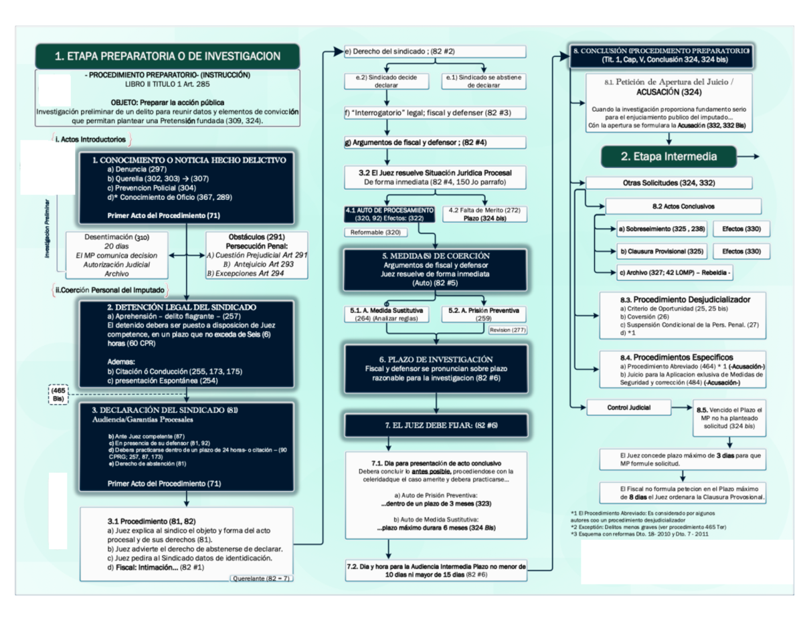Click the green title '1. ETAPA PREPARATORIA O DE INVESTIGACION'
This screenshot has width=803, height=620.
(x=167, y=56)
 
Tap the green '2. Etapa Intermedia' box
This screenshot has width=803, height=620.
(x=668, y=157)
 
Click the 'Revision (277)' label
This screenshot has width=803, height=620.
(x=509, y=330)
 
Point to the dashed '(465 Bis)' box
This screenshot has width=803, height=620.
(x=58, y=393)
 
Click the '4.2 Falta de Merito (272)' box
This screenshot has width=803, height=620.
(x=484, y=213)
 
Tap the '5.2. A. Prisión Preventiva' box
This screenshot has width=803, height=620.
(x=484, y=314)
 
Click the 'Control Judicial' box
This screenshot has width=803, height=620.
(x=628, y=407)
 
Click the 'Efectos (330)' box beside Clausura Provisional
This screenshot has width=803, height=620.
(x=741, y=251)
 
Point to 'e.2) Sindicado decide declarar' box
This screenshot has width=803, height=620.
(x=386, y=82)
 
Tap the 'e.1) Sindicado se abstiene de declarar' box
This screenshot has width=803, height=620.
(x=486, y=82)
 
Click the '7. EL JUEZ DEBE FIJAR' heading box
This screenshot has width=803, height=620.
(x=436, y=425)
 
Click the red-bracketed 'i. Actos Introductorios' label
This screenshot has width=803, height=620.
(x=91, y=140)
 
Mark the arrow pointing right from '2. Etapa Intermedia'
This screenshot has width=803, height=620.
(x=748, y=157)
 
